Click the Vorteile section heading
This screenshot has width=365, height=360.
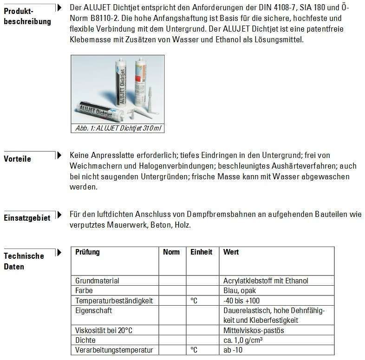(17, 159)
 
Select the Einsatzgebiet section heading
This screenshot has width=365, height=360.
(27, 218)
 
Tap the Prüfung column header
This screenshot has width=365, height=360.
(87, 252)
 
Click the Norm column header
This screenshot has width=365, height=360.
(171, 252)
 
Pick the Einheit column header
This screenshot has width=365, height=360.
(202, 252)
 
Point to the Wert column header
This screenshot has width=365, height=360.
(231, 252)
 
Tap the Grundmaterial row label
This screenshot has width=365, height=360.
(97, 281)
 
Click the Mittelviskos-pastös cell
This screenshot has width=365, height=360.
(254, 330)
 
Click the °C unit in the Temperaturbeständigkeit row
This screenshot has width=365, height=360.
(194, 301)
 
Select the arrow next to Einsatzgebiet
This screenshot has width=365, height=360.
(59, 215)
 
